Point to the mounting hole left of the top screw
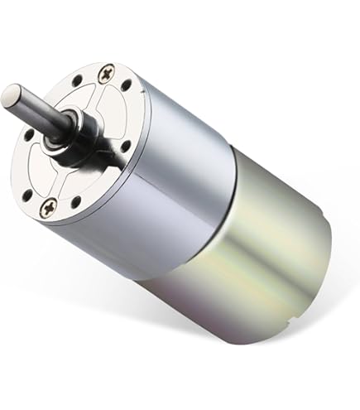(x=77, y=82)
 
